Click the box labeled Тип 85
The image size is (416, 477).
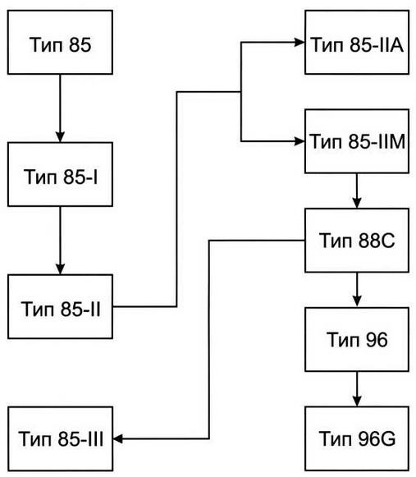60,42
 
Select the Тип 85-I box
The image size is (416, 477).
60,174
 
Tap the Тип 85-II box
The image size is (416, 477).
60,307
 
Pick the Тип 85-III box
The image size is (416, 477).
60,438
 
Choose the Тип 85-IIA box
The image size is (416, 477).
357,42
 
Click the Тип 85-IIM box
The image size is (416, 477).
357,141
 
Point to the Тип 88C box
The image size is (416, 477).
357,241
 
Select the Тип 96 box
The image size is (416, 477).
357,340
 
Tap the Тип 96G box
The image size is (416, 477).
357,438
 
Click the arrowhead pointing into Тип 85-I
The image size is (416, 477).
60,137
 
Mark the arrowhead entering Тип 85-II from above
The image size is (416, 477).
60,269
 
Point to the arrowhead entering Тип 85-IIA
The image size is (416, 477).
299,43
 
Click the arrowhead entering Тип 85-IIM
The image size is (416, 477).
299,141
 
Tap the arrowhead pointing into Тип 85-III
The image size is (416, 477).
118,438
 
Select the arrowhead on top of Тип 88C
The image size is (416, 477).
357,204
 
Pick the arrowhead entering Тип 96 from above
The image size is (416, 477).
357,302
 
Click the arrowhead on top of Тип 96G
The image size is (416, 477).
357,401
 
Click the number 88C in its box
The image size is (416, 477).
377,241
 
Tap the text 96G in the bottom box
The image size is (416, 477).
377,438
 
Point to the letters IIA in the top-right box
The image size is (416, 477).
388,44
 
